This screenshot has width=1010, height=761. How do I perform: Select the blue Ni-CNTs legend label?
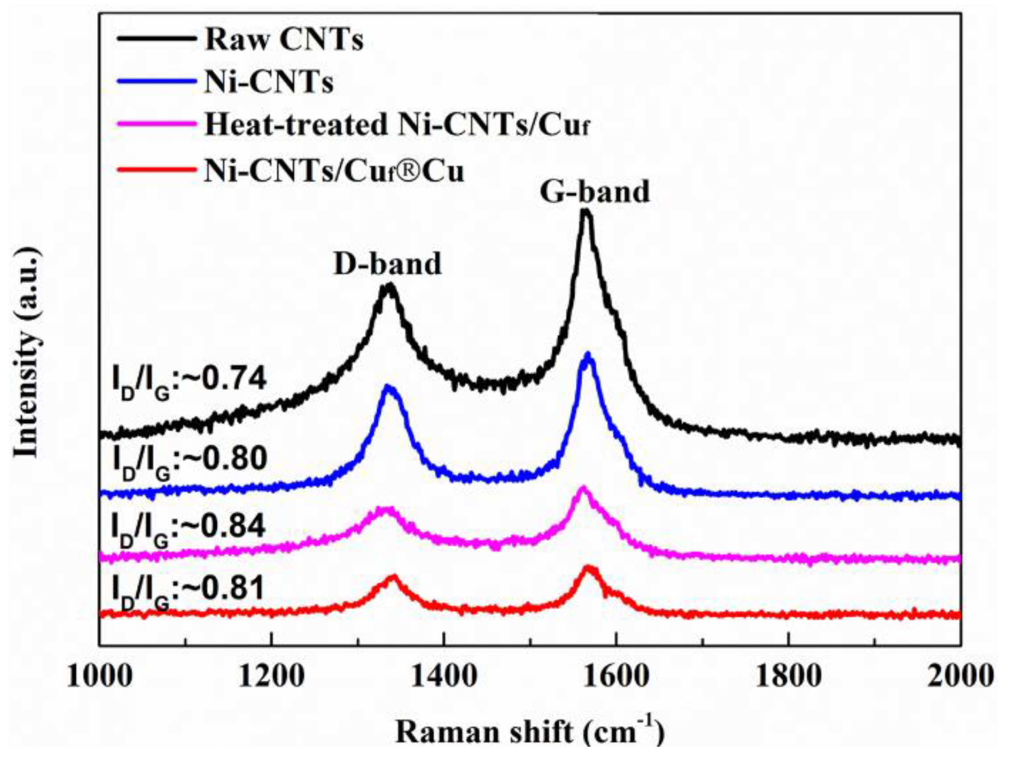point(268,83)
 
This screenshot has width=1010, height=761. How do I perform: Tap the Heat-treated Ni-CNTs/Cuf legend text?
point(396,126)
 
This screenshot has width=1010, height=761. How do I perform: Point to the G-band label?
point(594,192)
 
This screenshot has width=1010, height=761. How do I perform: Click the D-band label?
point(387,264)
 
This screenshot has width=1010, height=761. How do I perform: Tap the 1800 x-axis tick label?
point(788,676)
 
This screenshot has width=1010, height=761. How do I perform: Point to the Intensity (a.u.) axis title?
point(26,351)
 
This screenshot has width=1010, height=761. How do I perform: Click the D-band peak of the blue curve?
point(388,387)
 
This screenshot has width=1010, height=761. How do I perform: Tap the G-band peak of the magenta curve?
point(583,489)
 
